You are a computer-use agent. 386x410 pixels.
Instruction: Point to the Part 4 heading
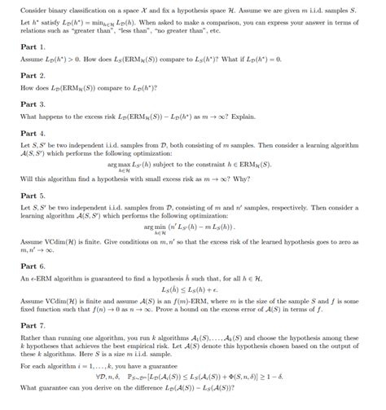32,132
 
